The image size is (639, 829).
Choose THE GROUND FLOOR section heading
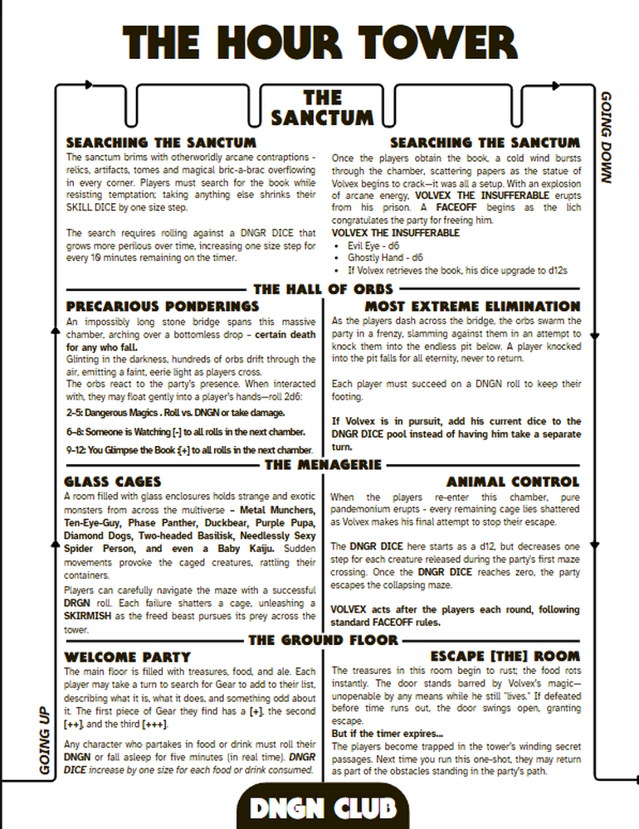(x=323, y=640)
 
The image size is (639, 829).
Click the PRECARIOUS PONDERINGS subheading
(x=156, y=307)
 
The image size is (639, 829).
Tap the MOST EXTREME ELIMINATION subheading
(x=472, y=307)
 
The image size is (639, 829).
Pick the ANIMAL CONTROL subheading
(x=513, y=482)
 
